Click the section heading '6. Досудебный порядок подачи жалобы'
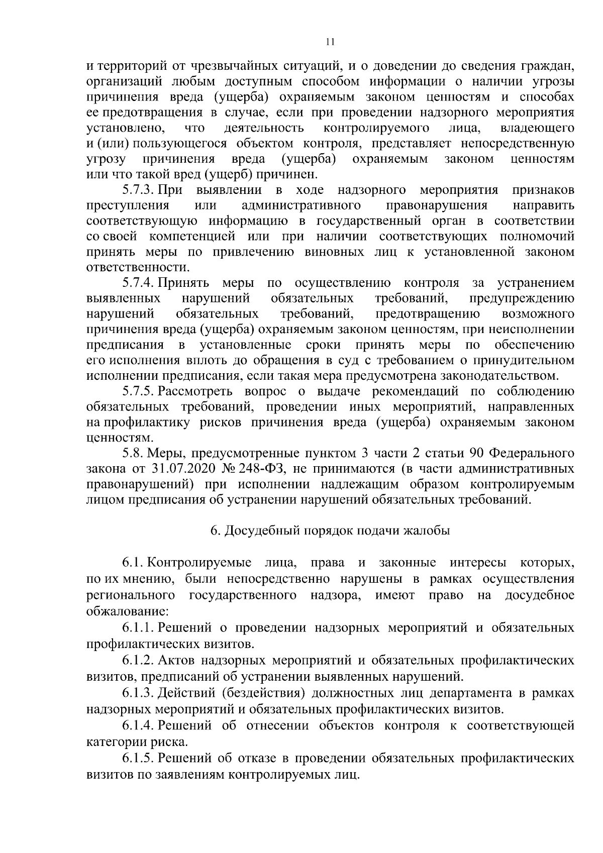click(x=330, y=530)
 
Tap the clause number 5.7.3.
click(x=138, y=190)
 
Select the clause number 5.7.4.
click(x=138, y=283)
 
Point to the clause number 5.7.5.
click(x=138, y=391)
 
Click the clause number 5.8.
click(x=133, y=454)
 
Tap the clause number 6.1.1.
click(x=138, y=628)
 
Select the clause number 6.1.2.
click(x=138, y=660)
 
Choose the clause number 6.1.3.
click(x=138, y=693)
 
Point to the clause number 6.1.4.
click(x=138, y=725)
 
